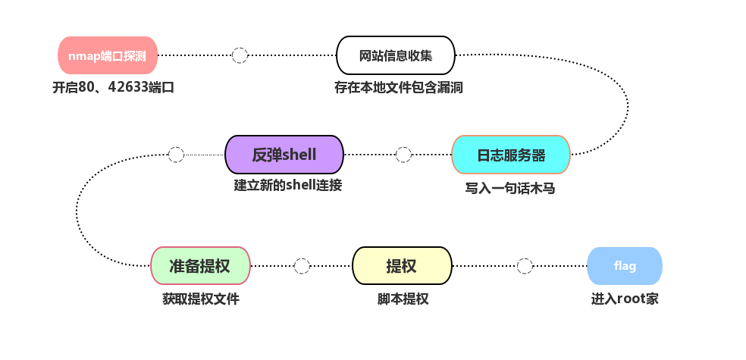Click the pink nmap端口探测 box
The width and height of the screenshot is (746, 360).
click(x=108, y=55)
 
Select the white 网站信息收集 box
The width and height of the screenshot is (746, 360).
click(x=395, y=55)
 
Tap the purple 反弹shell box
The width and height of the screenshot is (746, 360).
click(x=284, y=155)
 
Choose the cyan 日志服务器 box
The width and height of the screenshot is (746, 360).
click(x=510, y=155)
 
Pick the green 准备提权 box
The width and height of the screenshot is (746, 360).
click(x=200, y=266)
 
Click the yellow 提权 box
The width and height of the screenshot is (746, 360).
click(x=402, y=266)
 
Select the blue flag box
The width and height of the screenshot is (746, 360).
click(x=625, y=266)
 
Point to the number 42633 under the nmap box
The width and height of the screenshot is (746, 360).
click(x=128, y=87)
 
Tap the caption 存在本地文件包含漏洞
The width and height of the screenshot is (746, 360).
click(x=398, y=87)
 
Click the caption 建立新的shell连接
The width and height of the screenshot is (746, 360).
click(x=287, y=185)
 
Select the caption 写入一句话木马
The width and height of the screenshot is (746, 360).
click(x=509, y=188)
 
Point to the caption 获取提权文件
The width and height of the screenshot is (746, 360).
click(x=200, y=299)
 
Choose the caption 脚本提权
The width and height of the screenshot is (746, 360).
click(x=403, y=299)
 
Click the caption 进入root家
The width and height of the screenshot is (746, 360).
click(x=625, y=299)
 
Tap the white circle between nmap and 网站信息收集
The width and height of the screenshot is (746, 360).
click(x=240, y=55)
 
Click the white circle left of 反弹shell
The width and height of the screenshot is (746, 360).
click(x=176, y=155)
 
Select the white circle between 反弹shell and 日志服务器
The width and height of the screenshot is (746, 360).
click(x=403, y=155)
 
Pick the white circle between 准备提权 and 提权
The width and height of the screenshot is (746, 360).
click(x=302, y=266)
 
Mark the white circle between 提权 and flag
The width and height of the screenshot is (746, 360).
click(x=525, y=266)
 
